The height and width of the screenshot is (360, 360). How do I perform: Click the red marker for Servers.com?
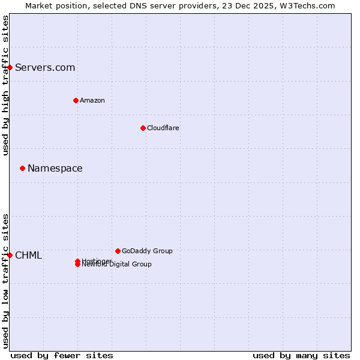coord(10,67)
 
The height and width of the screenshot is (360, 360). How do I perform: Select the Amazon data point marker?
coord(76,100)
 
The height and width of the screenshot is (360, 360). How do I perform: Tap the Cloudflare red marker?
coord(143,128)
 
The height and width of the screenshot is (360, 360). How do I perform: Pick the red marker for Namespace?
coord(22,168)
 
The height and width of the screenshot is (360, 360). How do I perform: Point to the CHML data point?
coord(10,255)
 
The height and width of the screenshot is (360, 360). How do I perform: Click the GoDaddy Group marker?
coord(118,251)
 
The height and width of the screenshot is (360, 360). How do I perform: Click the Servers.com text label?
coord(45,67)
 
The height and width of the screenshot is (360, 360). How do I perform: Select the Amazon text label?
coord(92,100)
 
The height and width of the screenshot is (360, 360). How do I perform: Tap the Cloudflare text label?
coord(163,128)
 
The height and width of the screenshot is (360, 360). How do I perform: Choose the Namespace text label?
coord(55,168)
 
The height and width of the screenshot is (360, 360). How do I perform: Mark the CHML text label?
coord(28,255)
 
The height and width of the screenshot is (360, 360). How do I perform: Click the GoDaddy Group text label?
coord(147,251)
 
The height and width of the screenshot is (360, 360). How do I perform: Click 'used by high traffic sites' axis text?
coord(5,85)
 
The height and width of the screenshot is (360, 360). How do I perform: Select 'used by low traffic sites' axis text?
coord(5,281)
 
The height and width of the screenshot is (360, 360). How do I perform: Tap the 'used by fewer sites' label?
coord(62,355)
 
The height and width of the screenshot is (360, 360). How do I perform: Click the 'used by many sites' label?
coord(301,355)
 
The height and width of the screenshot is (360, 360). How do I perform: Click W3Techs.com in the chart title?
coord(307,5)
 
